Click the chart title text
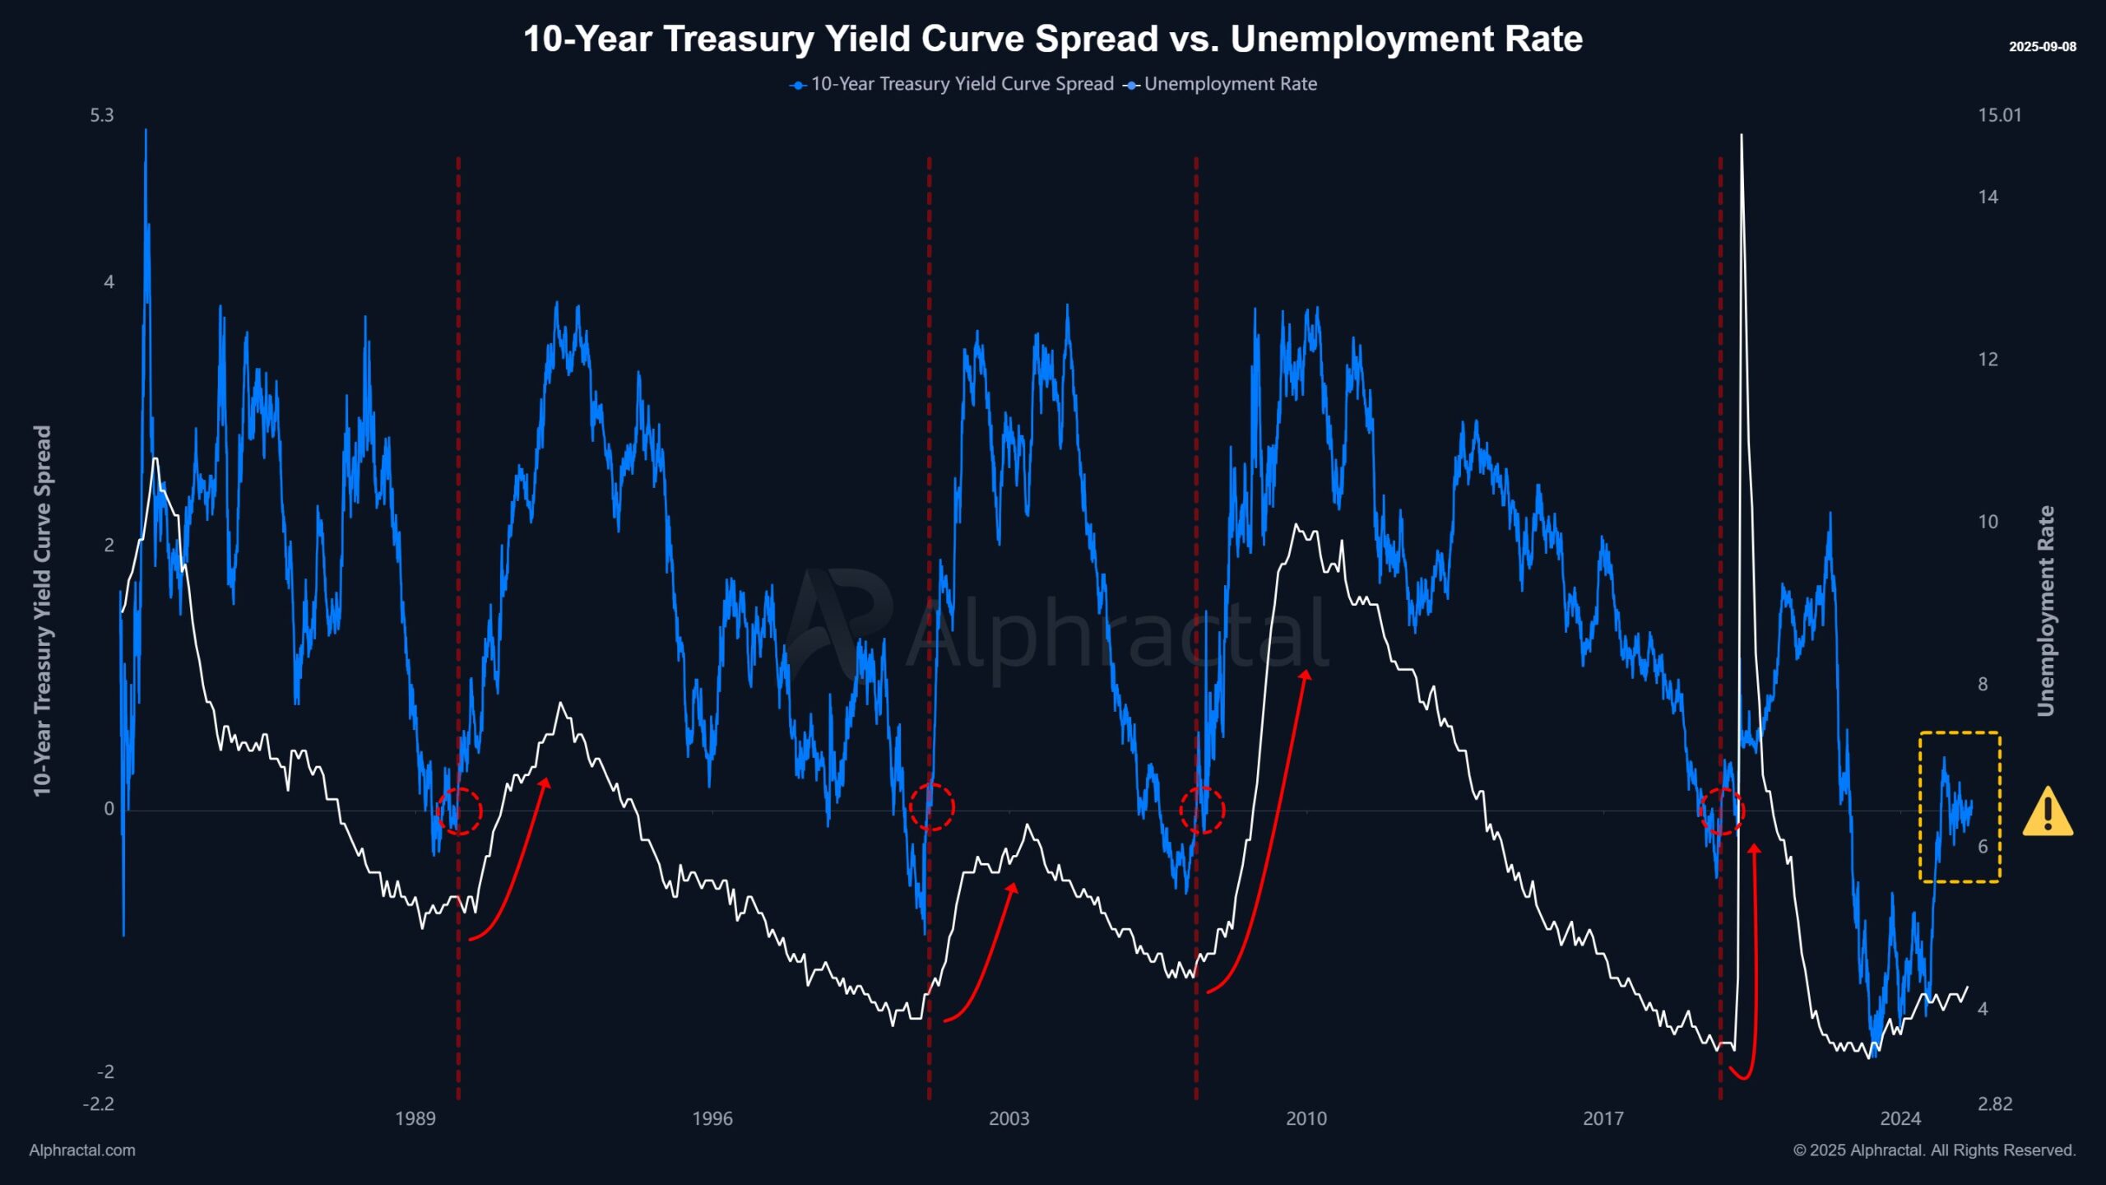[x=1053, y=39]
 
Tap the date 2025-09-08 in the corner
[x=2042, y=47]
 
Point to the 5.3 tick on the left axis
[x=102, y=115]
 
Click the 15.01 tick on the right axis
[x=1999, y=115]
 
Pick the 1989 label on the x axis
[x=415, y=1118]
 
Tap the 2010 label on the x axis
[x=1306, y=1118]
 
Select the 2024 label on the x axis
[x=1900, y=1118]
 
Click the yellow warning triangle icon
[x=2047, y=813]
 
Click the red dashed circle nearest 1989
[x=459, y=811]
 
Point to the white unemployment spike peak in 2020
[x=1741, y=136]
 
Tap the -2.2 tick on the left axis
[x=99, y=1104]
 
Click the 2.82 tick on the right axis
[x=1995, y=1104]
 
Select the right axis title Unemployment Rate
[x=2046, y=611]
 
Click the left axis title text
[x=42, y=611]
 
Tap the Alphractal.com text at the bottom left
[x=82, y=1150]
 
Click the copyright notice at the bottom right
[x=1934, y=1150]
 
